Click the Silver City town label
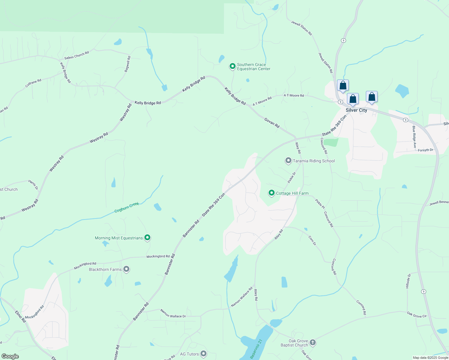(356, 110)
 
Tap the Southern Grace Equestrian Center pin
(232, 66)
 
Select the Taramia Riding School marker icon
(288, 161)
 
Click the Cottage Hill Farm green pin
(272, 193)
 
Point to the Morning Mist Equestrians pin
(147, 238)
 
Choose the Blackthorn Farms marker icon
(127, 269)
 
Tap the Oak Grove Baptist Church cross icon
(313, 342)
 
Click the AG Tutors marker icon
(203, 354)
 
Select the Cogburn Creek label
(127, 207)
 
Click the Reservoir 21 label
(256, 349)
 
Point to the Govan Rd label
(272, 123)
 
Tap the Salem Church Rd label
(77, 55)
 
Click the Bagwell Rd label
(128, 64)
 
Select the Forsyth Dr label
(426, 150)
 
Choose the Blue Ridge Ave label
(414, 137)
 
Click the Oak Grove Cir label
(417, 315)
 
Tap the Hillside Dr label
(408, 281)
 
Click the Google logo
(10, 356)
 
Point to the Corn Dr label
(312, 240)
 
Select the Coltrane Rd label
(33, 83)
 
